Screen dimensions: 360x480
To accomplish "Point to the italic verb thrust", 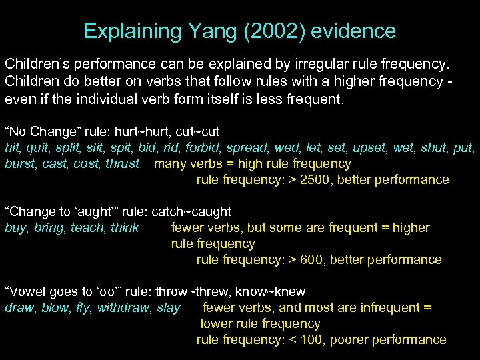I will tap(123, 164).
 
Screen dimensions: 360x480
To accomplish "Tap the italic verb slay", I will tap(169, 308).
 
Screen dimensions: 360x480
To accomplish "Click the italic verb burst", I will tap(20, 164).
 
